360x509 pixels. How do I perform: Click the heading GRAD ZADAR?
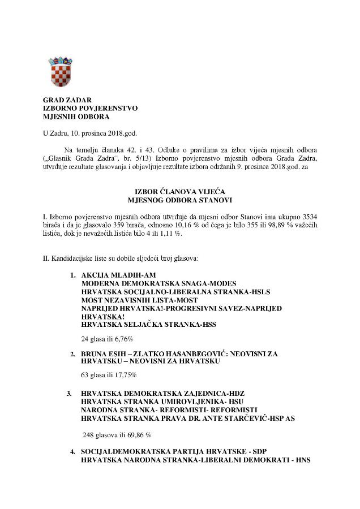(63, 100)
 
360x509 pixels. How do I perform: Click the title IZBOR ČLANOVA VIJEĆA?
(179, 192)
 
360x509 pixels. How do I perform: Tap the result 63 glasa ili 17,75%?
(109, 375)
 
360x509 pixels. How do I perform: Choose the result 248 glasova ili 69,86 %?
(117, 435)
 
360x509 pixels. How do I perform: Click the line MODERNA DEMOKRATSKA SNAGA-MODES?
(159, 283)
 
